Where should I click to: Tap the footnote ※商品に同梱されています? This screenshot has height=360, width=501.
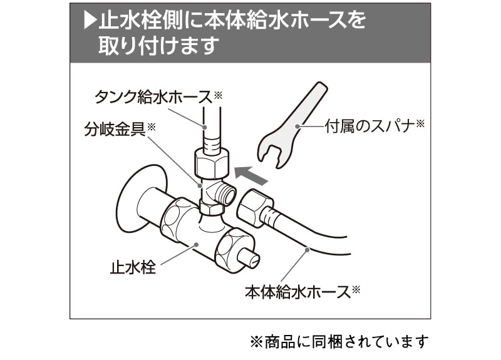[339, 341]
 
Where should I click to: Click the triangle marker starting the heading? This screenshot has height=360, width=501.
[89, 21]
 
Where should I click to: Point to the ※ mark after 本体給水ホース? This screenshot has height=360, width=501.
[356, 289]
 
